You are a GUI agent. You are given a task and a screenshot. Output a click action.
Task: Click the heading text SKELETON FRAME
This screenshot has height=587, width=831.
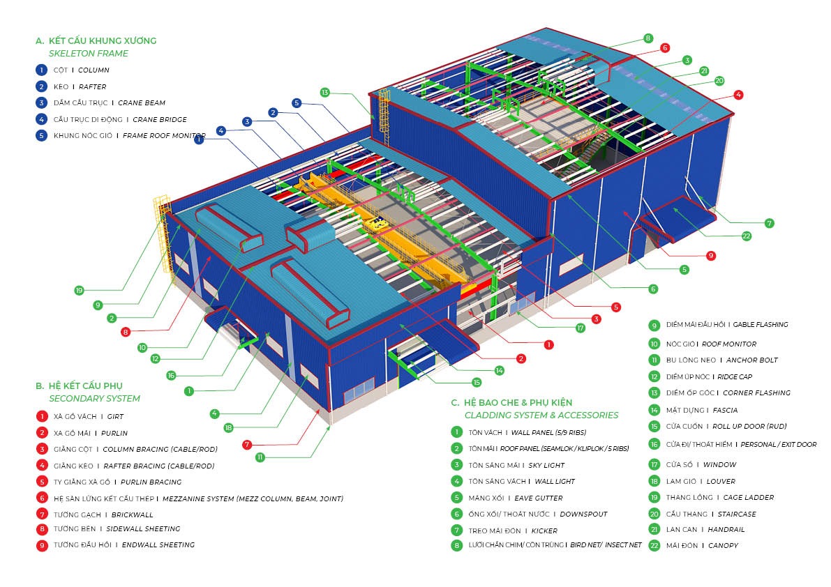tap(89, 54)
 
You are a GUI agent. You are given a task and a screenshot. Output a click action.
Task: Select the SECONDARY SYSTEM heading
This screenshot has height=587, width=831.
tap(94, 399)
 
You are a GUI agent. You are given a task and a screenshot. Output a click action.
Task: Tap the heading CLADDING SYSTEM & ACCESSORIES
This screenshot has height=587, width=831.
tap(541, 416)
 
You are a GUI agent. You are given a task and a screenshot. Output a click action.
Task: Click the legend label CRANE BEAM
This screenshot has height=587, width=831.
tap(142, 103)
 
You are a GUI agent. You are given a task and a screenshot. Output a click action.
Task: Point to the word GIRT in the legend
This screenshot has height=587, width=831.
tap(115, 417)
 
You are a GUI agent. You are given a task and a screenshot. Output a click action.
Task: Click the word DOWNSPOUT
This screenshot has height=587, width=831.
tap(583, 514)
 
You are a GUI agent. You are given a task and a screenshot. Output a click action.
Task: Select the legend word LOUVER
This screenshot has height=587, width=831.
tap(721, 481)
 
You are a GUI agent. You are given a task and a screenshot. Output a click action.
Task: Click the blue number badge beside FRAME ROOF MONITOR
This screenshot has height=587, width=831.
tap(42, 136)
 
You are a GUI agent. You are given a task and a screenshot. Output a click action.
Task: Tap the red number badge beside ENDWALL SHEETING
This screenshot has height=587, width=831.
tap(42, 545)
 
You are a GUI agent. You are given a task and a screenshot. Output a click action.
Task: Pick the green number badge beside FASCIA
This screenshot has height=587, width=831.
tap(654, 411)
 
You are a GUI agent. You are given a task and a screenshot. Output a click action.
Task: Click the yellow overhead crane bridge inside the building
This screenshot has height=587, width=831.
tap(370, 230)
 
